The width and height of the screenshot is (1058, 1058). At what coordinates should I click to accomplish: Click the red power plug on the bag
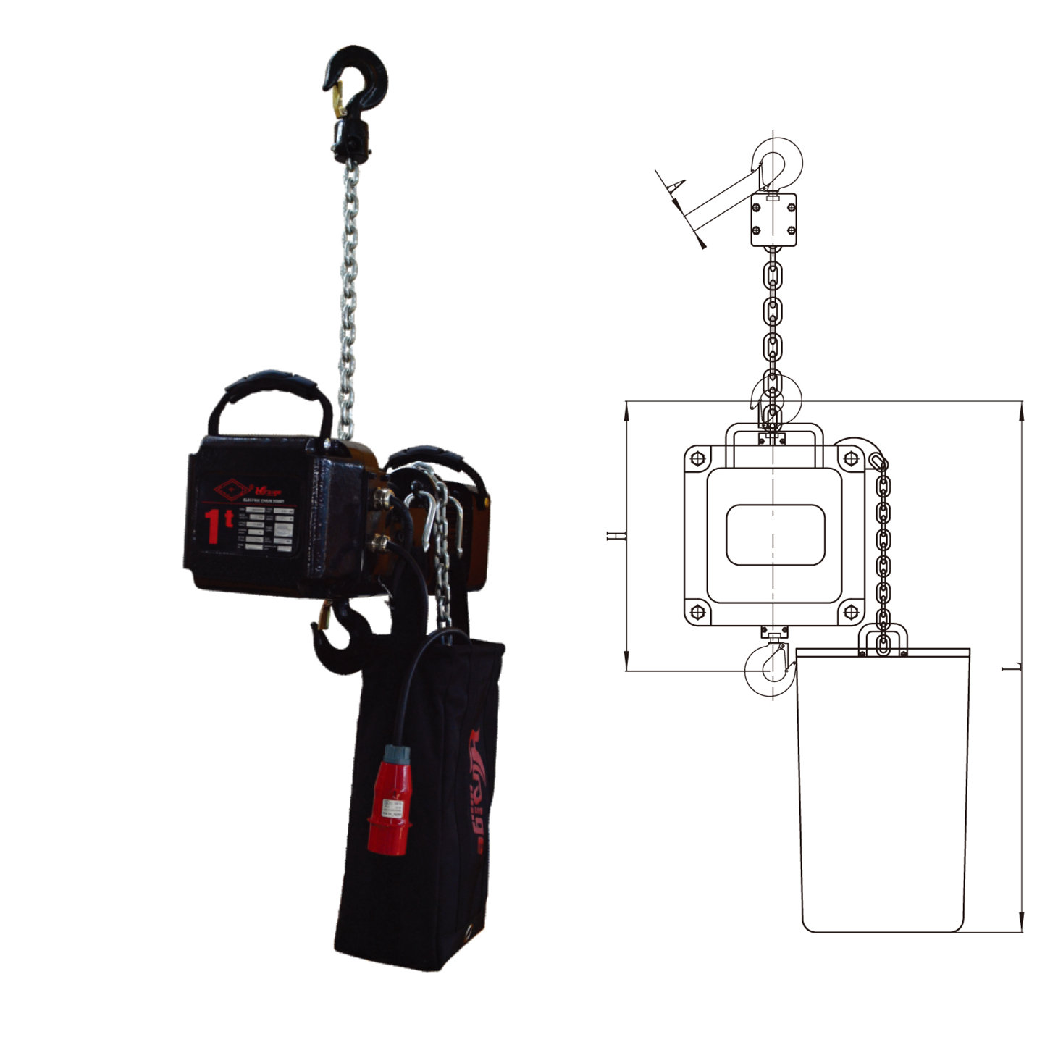tap(389, 799)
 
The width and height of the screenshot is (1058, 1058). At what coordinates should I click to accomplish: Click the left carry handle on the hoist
tap(269, 395)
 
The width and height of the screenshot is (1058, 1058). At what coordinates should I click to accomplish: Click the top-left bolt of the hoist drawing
tap(697, 458)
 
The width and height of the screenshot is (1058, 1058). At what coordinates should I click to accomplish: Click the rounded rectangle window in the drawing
tap(775, 535)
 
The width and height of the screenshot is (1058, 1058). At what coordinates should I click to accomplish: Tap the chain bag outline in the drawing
tap(883, 789)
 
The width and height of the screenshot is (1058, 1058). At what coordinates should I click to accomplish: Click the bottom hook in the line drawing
tap(768, 669)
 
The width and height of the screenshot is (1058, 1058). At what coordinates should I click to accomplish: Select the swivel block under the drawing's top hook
tap(773, 220)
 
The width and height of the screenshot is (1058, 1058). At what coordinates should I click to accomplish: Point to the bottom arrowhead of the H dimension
tap(627, 663)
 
